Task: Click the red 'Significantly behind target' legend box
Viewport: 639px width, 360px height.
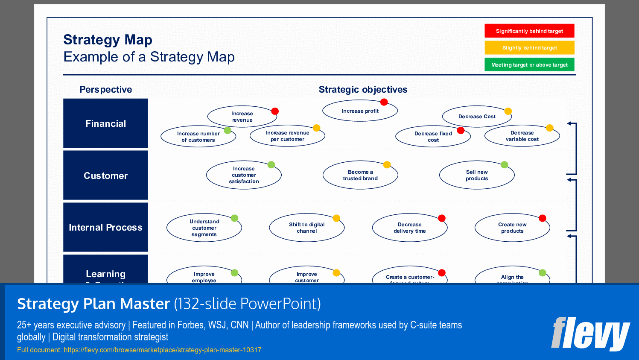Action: (x=529, y=31)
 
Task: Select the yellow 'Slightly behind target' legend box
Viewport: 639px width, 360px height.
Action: (x=529, y=47)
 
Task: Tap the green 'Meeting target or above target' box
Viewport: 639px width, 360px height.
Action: (x=529, y=64)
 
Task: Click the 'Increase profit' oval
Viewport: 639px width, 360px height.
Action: (x=360, y=111)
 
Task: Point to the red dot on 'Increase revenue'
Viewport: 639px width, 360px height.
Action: (x=275, y=111)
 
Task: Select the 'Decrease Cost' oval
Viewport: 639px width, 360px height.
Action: (x=477, y=117)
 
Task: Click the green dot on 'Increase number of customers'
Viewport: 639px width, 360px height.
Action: (x=228, y=130)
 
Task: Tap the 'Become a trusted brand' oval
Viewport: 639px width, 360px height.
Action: (x=360, y=175)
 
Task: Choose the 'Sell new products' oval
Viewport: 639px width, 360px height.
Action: (x=477, y=175)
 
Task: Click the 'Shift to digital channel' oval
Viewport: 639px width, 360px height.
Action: (x=306, y=228)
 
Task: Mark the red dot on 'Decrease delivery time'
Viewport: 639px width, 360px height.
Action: (x=442, y=218)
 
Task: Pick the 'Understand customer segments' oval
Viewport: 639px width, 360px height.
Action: (x=204, y=228)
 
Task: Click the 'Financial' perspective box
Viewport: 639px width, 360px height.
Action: (x=105, y=123)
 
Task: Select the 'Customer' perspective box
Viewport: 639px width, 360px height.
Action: (x=105, y=176)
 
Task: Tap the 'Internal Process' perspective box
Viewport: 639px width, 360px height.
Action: (x=105, y=227)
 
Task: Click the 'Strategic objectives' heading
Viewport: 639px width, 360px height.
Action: (x=363, y=90)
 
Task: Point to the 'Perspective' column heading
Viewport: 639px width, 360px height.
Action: (x=105, y=90)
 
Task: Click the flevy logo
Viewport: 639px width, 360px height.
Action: (x=590, y=334)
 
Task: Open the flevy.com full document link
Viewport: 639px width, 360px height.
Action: (x=162, y=350)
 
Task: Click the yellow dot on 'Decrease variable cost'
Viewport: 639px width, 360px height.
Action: (x=550, y=128)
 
